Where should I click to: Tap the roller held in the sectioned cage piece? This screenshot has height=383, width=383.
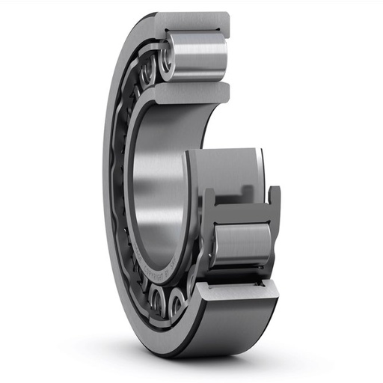pyautogui.click(x=243, y=243)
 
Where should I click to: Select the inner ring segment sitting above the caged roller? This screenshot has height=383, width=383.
pyautogui.click(x=224, y=168)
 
